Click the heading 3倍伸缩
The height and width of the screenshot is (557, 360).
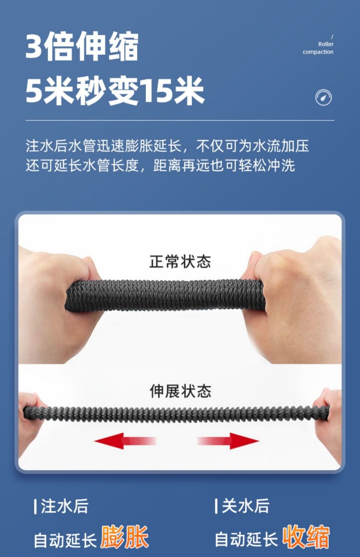(x=82, y=46)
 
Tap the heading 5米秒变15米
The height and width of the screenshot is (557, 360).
(x=115, y=90)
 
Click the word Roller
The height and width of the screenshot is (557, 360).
(x=326, y=44)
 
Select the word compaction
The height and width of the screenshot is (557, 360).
(x=318, y=52)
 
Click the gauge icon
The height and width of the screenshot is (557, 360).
(x=324, y=97)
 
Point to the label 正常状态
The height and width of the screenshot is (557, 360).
(x=180, y=261)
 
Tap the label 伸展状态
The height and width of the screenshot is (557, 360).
(x=180, y=391)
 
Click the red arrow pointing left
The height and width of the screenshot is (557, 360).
(x=125, y=441)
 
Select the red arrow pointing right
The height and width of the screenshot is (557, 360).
(x=228, y=441)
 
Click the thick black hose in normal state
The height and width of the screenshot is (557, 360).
(x=164, y=295)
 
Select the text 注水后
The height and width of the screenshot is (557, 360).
(x=65, y=506)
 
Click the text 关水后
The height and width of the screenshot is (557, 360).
(x=245, y=506)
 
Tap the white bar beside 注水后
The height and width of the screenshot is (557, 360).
(x=35, y=506)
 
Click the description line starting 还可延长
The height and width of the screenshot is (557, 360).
(x=160, y=165)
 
